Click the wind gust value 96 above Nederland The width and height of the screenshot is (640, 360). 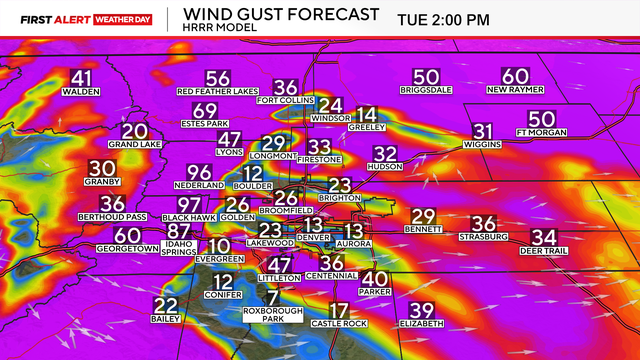point(199,172)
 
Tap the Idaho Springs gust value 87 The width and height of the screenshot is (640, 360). point(179,230)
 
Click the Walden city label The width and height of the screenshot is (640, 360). point(81,91)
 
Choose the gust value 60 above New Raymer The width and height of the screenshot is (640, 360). point(515,77)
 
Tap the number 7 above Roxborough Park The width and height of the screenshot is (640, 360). point(273,297)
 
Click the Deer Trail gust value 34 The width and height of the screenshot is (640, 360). point(544,237)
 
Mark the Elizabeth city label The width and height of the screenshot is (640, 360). point(421,324)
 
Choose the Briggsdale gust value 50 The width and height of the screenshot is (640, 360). point(426,77)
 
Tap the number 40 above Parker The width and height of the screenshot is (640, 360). point(374,279)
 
